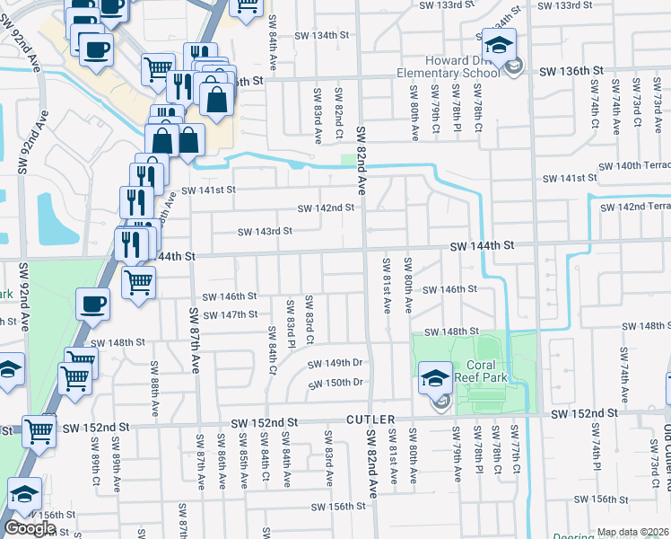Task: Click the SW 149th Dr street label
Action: pos(335,364)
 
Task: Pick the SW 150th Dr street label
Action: pos(335,383)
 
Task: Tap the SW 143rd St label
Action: pos(265,232)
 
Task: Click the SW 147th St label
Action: pos(230,314)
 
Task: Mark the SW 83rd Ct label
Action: pos(309,320)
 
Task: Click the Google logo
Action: pos(30,528)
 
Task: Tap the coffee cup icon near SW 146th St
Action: pos(93,304)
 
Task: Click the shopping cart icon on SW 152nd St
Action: pos(39,432)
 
